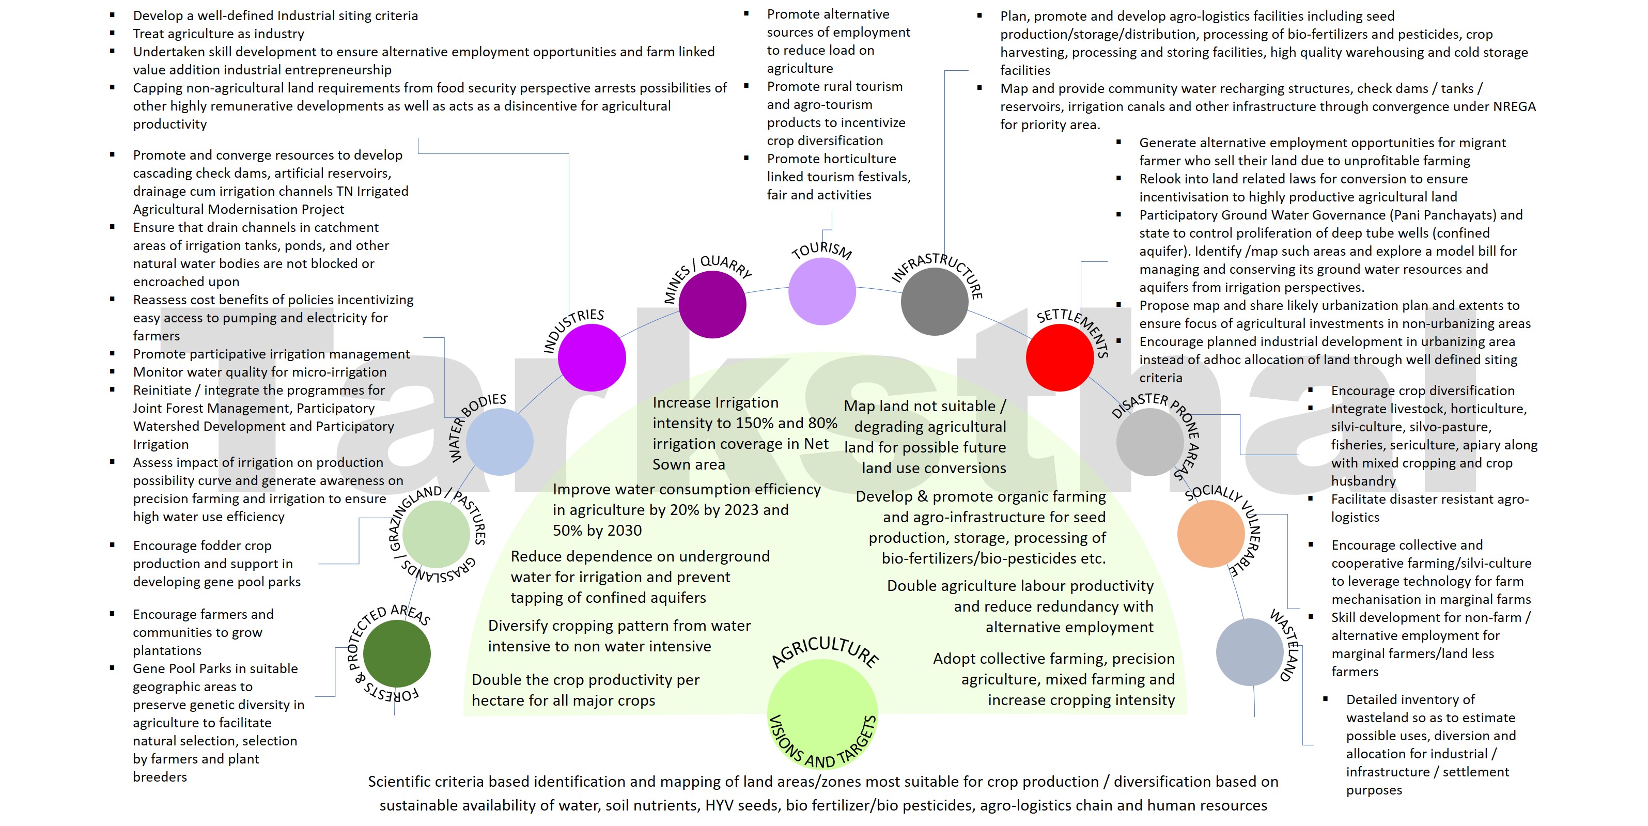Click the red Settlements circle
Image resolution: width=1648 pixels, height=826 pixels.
pos(1060,357)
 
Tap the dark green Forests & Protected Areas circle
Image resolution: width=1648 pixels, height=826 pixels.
pos(397,653)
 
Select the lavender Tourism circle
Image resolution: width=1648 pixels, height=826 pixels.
pos(821,291)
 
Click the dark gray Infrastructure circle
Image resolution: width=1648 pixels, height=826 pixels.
pos(934,301)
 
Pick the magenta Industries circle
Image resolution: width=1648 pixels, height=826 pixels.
pos(592,357)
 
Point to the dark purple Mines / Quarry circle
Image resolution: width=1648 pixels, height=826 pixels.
pos(712,304)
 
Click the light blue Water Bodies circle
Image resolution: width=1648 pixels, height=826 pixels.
pos(499,442)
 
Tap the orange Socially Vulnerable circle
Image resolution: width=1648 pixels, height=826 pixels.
pos(1210,534)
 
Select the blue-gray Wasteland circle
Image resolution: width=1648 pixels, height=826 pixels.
pos(1249,652)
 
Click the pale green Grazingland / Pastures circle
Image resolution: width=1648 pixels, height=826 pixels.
pos(437,534)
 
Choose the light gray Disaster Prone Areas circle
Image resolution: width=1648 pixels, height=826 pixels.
pos(1149,442)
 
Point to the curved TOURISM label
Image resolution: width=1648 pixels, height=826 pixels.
pos(821,250)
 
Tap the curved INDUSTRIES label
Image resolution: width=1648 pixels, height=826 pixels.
pos(572,328)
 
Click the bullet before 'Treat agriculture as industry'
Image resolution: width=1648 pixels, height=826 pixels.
pos(113,33)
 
